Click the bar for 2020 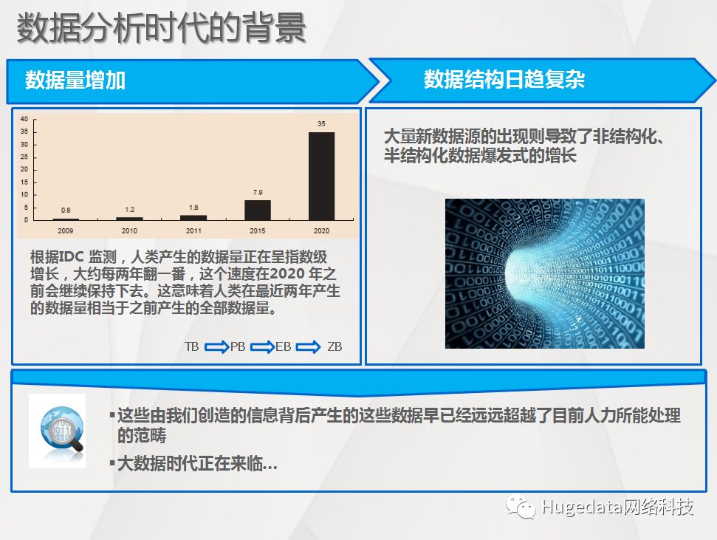[x=321, y=177]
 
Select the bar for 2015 [x=258, y=210]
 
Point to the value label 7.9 [x=258, y=192]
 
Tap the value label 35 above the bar [x=321, y=123]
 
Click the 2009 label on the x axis [x=66, y=230]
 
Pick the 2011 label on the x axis [x=193, y=230]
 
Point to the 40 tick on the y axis [x=24, y=119]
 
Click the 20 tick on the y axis [x=24, y=169]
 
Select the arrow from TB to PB [x=216, y=347]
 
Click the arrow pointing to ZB [x=308, y=347]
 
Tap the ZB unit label [x=335, y=347]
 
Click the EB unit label [x=284, y=347]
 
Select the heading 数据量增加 [x=75, y=80]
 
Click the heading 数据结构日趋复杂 [x=504, y=79]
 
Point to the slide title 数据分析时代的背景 [x=161, y=28]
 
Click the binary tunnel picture [x=545, y=273]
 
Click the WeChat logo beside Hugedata [x=521, y=507]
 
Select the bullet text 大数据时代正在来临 [x=197, y=464]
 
